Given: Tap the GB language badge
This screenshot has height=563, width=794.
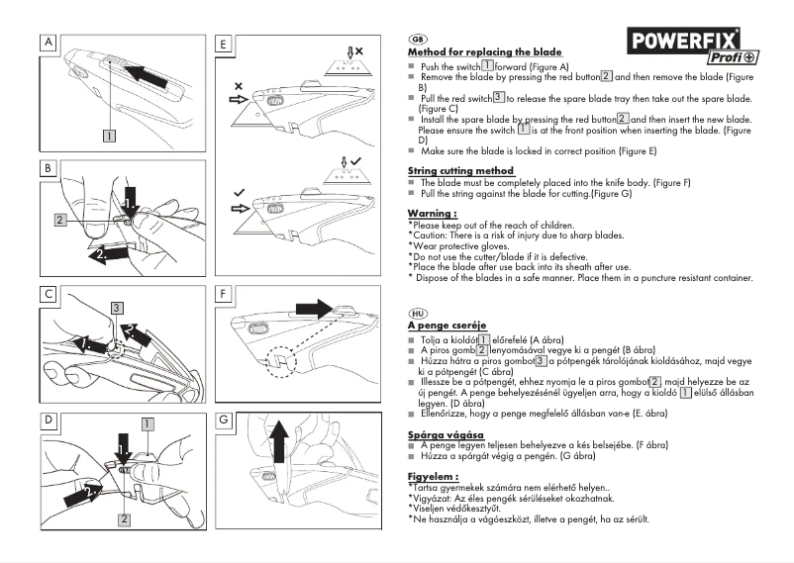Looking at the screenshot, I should (x=417, y=38).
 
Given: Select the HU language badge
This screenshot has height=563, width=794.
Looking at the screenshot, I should (x=417, y=311).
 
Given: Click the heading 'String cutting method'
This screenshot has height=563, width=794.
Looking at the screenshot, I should (x=460, y=170).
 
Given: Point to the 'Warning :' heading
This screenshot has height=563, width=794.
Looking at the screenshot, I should (x=433, y=213).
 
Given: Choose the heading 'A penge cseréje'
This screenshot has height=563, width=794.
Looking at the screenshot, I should (x=447, y=325).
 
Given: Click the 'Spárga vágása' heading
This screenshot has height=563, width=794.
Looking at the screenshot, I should (x=446, y=434).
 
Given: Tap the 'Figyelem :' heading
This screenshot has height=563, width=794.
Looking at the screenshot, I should (x=434, y=476).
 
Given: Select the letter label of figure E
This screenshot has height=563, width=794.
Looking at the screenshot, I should (x=224, y=44).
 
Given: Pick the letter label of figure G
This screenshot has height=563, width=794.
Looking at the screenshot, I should (x=224, y=420).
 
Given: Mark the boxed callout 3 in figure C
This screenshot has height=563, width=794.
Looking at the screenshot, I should (x=117, y=308).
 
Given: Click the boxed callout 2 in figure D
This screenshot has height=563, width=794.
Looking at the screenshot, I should (x=124, y=518).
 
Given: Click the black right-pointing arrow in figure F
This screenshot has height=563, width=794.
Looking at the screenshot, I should (x=318, y=311).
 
